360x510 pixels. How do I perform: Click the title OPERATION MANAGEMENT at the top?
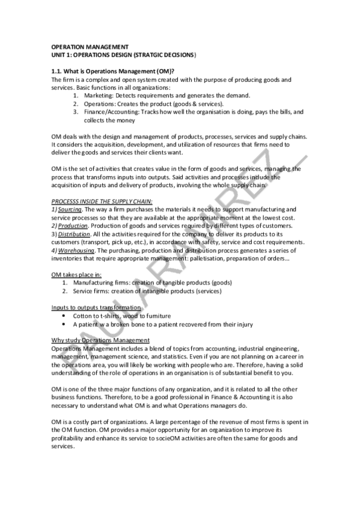tap(90, 46)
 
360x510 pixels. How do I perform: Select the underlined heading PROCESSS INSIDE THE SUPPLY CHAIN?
tap(102, 201)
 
